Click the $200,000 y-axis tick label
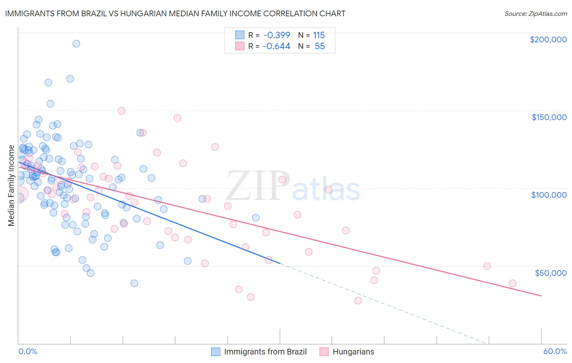548,39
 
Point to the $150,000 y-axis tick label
549,117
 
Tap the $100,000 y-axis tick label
549,195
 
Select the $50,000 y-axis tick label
550,273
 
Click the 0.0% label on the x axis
28,352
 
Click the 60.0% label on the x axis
555,352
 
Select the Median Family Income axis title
11,186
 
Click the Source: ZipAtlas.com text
535,14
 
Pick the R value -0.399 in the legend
276,35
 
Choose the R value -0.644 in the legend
276,46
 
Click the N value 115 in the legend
319,35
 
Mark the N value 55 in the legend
320,46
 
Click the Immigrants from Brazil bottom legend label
265,352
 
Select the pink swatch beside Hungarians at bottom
324,352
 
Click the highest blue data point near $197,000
76,44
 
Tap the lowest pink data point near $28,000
358,301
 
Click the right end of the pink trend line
541,296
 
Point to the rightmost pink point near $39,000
513,283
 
